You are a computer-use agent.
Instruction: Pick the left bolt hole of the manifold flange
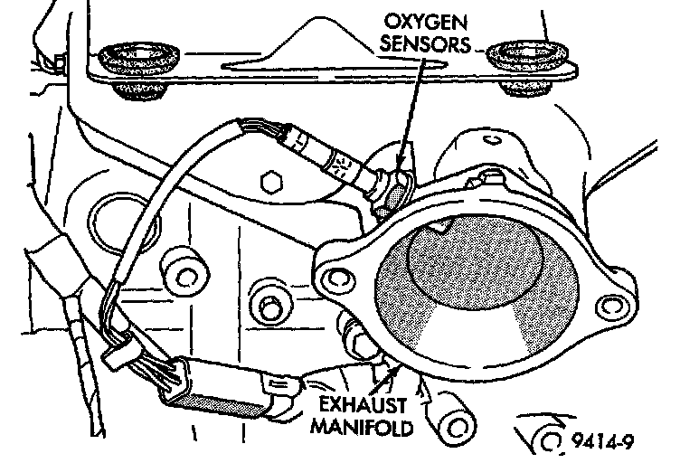(x=334, y=267)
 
